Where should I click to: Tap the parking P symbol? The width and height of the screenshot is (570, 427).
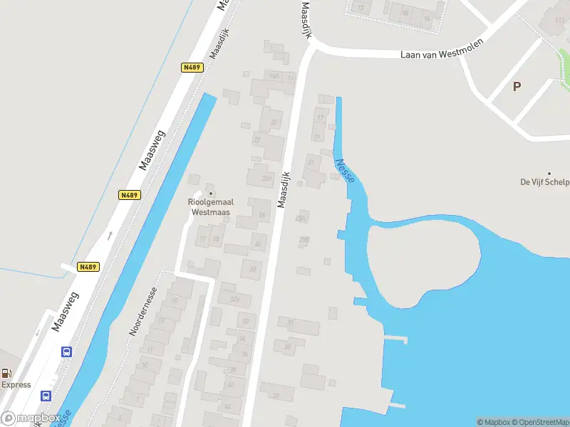517,86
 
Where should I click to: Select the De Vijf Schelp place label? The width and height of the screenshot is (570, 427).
545,182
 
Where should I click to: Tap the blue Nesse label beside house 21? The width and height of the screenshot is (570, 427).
344,170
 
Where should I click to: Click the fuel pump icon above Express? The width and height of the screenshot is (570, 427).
6,372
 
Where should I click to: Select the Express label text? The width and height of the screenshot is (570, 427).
16,385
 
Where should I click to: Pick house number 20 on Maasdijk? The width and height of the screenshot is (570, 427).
274,122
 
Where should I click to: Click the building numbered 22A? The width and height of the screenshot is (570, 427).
267,178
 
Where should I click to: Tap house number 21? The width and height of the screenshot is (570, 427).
311,162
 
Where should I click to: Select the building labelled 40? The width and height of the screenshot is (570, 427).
232,385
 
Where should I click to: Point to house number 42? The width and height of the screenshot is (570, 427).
227,406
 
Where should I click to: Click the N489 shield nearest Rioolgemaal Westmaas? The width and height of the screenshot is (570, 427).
129,195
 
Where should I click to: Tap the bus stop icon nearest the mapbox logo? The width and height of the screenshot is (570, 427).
46,396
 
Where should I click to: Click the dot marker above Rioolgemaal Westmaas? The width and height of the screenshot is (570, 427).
210,193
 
